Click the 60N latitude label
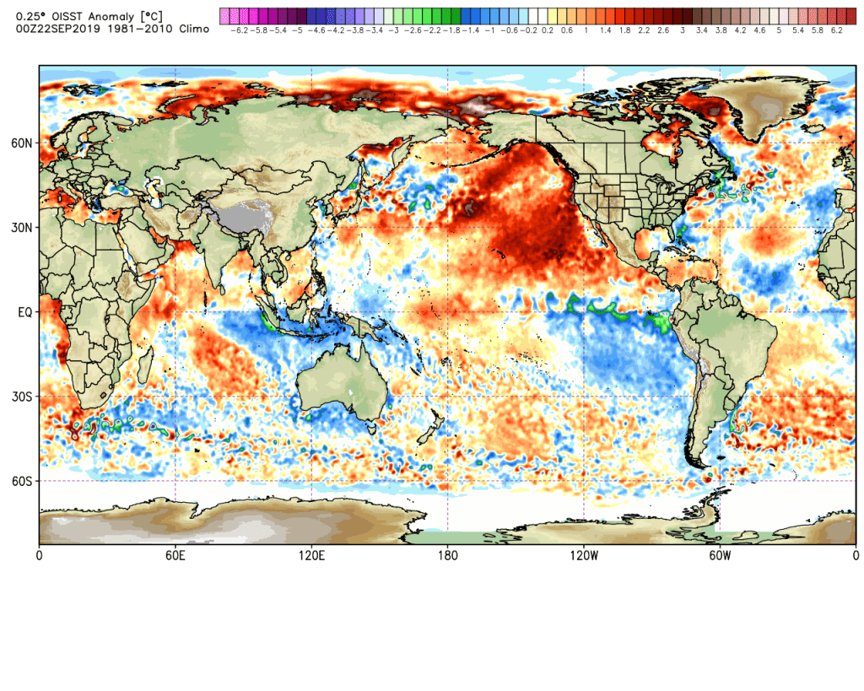click(22, 143)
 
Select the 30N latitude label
click(22, 228)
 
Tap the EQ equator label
click(24, 312)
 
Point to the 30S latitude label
click(22, 397)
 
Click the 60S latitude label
click(22, 481)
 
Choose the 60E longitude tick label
click(175, 556)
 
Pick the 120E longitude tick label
click(311, 556)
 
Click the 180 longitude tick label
click(447, 556)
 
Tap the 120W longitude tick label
click(584, 556)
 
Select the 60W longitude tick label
click(720, 556)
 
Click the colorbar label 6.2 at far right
click(837, 30)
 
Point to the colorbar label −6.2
click(239, 30)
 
